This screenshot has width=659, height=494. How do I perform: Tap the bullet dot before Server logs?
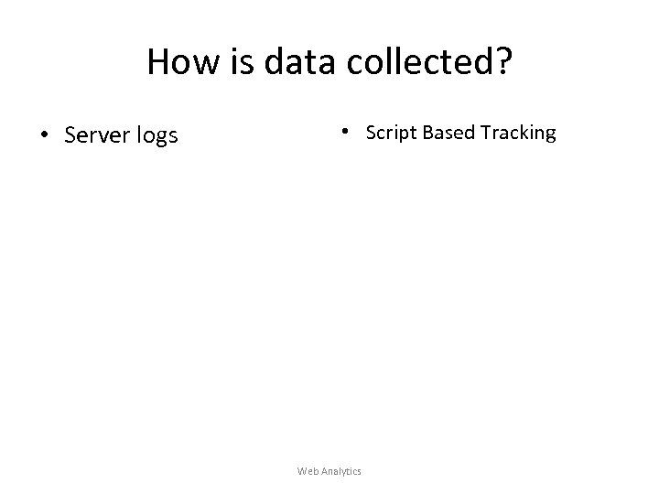(43, 137)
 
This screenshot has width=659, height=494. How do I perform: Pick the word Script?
(388, 134)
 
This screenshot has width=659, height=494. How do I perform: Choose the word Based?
(444, 133)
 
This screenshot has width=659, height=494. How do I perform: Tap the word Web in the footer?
(307, 471)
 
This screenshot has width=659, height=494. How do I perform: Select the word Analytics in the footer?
(340, 471)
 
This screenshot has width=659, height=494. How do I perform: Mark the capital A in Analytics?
(322, 471)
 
